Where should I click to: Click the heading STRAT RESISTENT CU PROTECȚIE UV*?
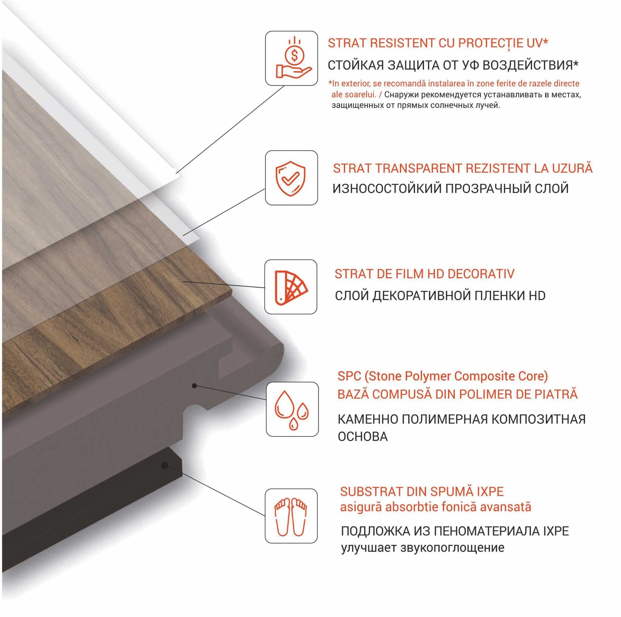tap(438, 43)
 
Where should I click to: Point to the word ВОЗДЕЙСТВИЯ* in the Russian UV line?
tap(531, 65)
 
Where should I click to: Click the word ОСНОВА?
tap(362, 436)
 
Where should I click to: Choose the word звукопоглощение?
tap(452, 547)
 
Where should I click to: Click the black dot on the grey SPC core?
tap(194, 386)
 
